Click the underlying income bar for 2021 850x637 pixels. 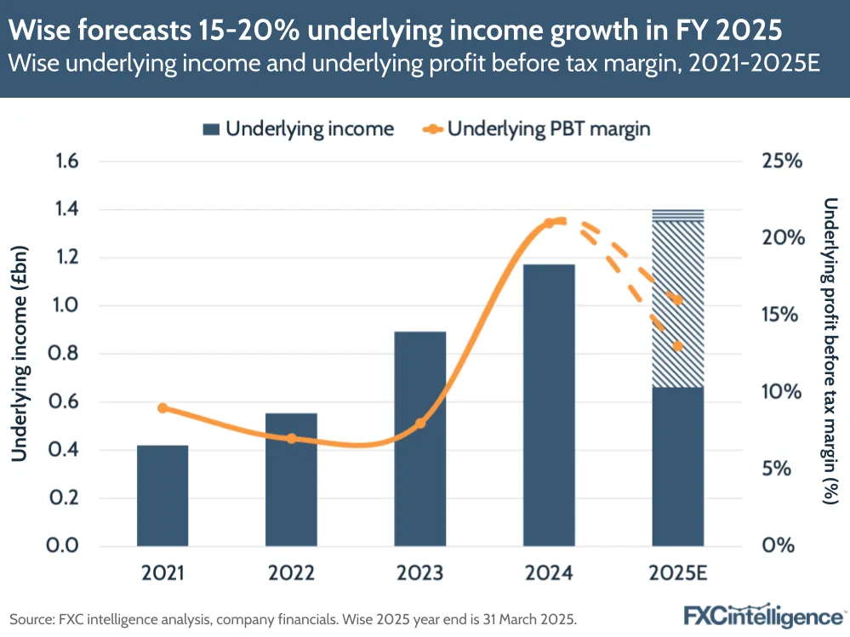click(163, 495)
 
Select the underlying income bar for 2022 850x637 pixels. click(291, 479)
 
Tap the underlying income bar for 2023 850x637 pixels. click(420, 438)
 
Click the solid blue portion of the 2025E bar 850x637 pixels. click(677, 466)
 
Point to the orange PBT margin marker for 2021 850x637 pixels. click(163, 408)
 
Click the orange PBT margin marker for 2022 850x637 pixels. click(291, 439)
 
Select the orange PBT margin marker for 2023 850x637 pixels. click(420, 423)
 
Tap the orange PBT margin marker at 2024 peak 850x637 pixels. click(549, 223)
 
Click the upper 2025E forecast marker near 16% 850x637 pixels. click(677, 299)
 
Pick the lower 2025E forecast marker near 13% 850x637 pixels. click(677, 346)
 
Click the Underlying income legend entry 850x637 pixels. click(298, 129)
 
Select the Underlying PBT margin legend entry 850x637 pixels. click(536, 129)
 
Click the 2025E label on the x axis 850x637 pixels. click(677, 573)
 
